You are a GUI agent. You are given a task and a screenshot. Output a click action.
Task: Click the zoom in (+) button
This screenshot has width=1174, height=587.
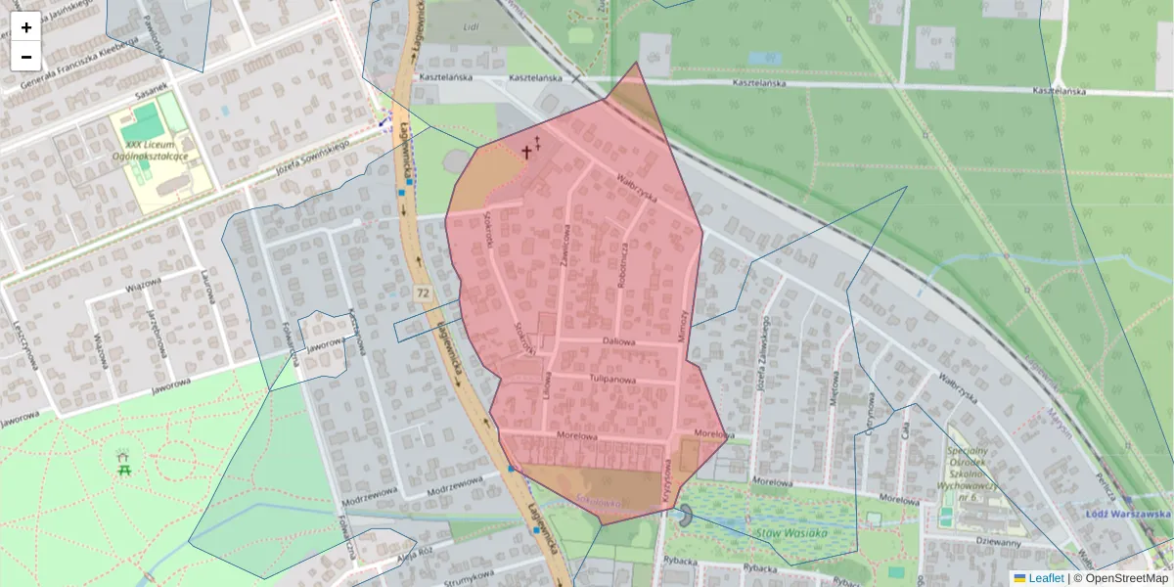click(x=26, y=27)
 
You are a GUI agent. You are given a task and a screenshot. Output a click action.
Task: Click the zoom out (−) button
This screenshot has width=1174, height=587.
click(x=26, y=57)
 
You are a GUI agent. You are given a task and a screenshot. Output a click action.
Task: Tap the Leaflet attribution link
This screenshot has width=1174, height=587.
click(x=1045, y=578)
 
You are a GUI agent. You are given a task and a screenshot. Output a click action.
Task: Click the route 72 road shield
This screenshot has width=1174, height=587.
click(x=423, y=293)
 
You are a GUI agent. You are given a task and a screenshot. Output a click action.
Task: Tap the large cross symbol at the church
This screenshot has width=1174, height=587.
click(x=526, y=152)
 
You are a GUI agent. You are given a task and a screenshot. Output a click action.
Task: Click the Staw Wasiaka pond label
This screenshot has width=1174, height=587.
click(x=791, y=533)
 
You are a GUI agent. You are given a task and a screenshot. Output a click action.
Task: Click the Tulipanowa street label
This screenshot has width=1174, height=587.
click(x=613, y=379)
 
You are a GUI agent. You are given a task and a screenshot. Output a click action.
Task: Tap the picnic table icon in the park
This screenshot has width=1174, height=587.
click(x=123, y=463)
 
